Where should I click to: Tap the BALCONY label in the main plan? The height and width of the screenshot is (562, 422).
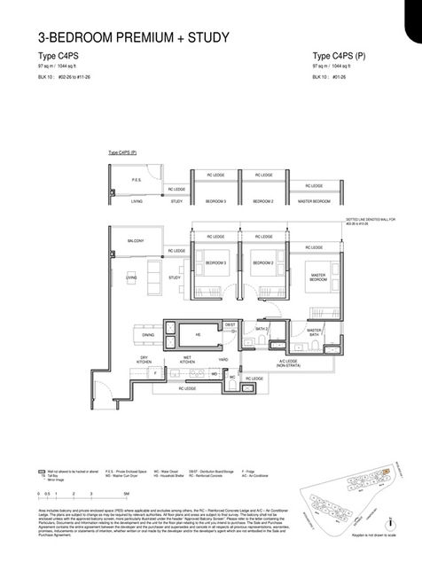(135, 240)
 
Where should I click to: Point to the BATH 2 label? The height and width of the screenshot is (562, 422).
(261, 328)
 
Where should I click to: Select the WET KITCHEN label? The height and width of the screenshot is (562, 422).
(187, 360)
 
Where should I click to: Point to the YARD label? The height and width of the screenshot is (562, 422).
(223, 359)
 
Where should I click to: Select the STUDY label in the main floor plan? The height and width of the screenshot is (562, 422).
(175, 277)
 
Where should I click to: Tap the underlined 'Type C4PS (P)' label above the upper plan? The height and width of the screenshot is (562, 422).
(122, 152)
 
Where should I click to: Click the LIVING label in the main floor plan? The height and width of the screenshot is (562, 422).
(130, 277)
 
